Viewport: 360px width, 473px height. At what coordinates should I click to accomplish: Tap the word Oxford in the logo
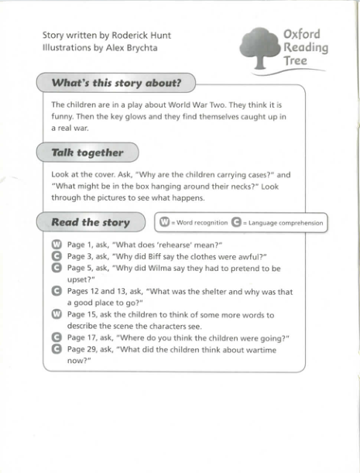click(x=302, y=35)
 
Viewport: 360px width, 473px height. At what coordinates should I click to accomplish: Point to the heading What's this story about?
click(x=115, y=83)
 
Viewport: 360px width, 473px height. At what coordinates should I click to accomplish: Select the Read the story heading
click(x=90, y=222)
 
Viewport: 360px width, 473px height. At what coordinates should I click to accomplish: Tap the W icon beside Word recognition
click(x=164, y=222)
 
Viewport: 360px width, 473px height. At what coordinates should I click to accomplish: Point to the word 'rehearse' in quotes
click(x=167, y=245)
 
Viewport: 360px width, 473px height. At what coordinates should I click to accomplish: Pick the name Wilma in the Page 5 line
click(x=164, y=268)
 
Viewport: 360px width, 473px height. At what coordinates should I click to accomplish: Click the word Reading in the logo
click(x=305, y=48)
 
